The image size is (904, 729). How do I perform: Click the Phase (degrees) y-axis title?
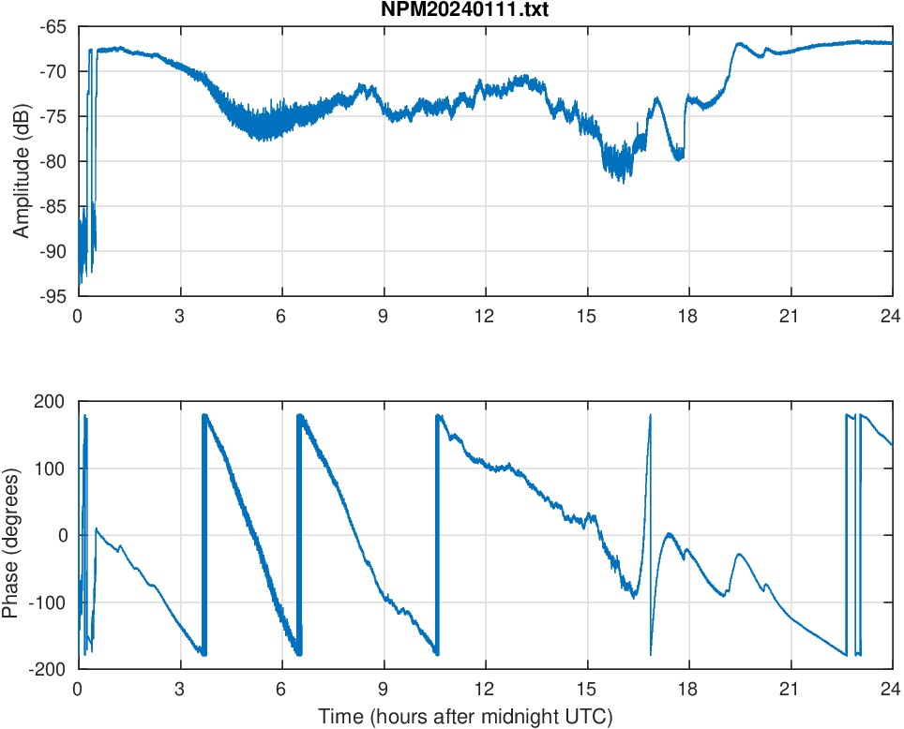coord(10,535)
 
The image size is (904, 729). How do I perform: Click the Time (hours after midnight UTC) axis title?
coord(465,717)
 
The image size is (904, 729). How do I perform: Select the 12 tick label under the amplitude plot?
coord(485,316)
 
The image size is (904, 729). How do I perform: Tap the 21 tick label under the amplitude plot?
coord(790,316)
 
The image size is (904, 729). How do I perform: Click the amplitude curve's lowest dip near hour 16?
coord(623,182)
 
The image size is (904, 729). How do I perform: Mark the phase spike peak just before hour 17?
coord(650,415)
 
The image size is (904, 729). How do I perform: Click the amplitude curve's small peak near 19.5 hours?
coord(739,43)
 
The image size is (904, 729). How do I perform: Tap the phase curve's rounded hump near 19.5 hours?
coord(740,554)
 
